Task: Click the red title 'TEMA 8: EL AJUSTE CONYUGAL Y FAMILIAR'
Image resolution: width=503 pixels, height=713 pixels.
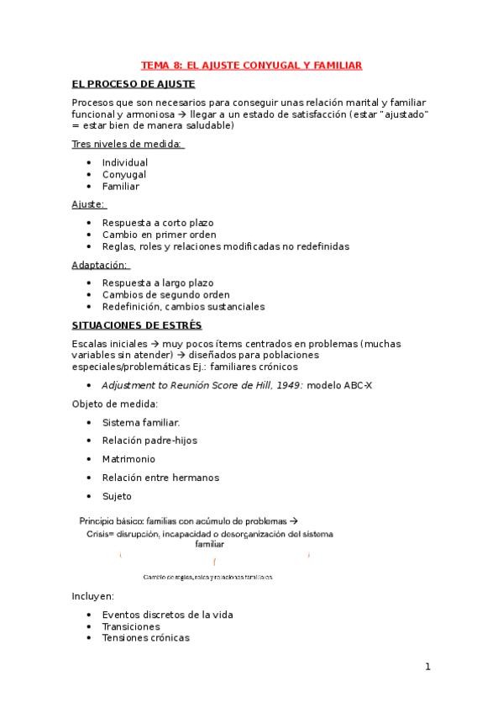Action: pyautogui.click(x=251, y=65)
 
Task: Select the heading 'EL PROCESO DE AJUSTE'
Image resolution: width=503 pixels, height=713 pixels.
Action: pyautogui.click(x=134, y=84)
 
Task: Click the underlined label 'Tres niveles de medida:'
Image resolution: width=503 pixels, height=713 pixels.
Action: pyautogui.click(x=128, y=144)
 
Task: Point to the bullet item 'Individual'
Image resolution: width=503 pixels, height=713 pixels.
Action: pyautogui.click(x=124, y=162)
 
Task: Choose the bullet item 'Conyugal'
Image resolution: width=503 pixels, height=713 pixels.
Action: pyautogui.click(x=124, y=174)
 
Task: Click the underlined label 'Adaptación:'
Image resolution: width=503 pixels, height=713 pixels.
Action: pyautogui.click(x=106, y=265)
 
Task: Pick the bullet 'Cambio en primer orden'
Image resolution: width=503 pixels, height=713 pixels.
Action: pyautogui.click(x=159, y=235)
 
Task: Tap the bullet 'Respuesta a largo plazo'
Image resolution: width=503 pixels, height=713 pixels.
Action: pyautogui.click(x=158, y=283)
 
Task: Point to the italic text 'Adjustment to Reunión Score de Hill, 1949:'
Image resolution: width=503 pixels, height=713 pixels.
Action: pyautogui.click(x=202, y=386)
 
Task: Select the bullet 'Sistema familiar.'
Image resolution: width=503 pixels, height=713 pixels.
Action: pyautogui.click(x=140, y=422)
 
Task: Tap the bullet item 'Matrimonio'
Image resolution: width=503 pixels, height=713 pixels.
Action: pyautogui.click(x=128, y=459)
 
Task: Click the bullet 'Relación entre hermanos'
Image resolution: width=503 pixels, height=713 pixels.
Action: pyautogui.click(x=160, y=478)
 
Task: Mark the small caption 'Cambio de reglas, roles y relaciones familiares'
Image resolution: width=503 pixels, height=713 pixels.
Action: pyautogui.click(x=208, y=578)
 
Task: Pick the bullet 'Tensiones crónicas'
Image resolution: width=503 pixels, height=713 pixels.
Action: pyautogui.click(x=145, y=637)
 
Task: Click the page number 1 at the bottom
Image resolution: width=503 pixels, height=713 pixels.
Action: pyautogui.click(x=427, y=668)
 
